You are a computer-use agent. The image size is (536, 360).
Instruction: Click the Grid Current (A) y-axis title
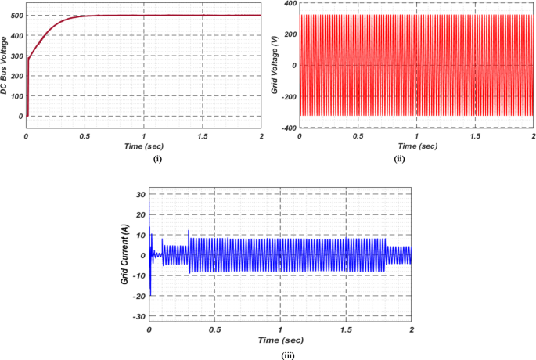click(x=124, y=254)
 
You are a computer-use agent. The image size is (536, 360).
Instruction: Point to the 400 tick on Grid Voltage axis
click(x=287, y=4)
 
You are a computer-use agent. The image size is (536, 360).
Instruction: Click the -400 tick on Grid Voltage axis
click(x=286, y=128)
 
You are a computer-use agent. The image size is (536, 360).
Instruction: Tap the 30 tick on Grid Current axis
click(x=140, y=194)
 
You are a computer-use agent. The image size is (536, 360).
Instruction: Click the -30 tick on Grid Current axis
click(x=138, y=316)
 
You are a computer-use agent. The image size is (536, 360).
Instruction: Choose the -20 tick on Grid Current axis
click(x=138, y=296)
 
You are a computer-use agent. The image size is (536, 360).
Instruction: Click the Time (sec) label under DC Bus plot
click(x=143, y=146)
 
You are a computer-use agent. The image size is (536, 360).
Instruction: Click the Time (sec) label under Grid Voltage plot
click(x=416, y=146)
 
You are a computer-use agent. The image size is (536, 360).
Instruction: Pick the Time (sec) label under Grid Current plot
click(x=279, y=340)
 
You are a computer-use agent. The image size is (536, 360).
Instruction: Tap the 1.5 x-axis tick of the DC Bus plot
click(x=202, y=136)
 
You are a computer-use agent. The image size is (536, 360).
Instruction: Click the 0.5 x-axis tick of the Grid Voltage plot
click(x=358, y=136)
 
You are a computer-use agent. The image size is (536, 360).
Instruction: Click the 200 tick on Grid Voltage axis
click(x=287, y=34)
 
